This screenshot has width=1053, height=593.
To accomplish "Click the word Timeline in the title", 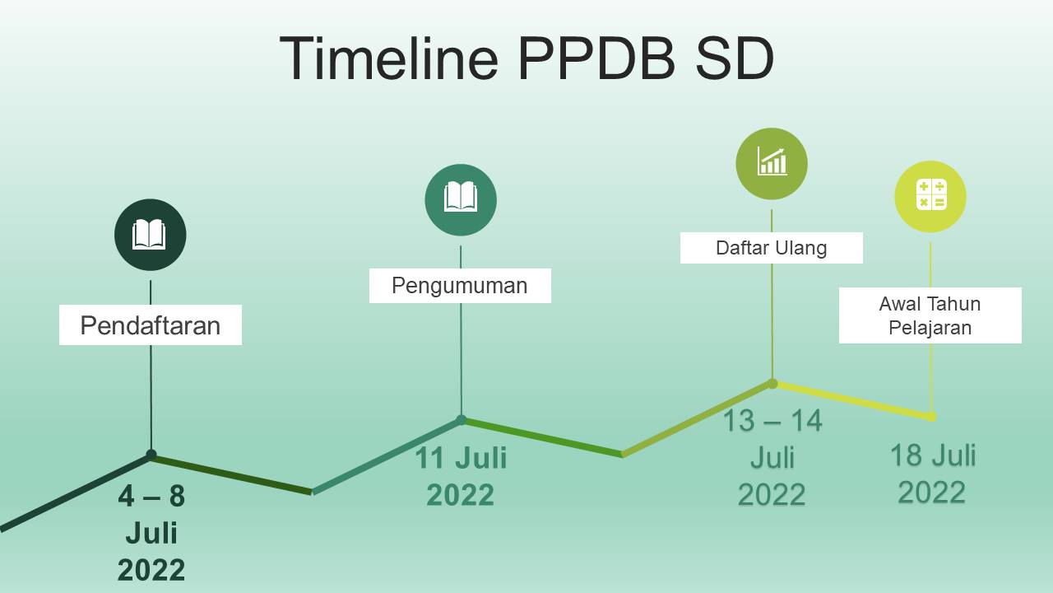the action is pos(389,58).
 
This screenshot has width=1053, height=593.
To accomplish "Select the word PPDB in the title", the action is pos(596,58).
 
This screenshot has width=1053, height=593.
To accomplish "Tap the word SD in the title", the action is pos(735,58).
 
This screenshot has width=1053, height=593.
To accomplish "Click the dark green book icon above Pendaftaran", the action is pos(150,235).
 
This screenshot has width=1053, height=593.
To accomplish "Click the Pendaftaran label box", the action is pos(151,325).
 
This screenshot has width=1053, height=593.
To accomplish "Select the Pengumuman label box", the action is pos(460,286).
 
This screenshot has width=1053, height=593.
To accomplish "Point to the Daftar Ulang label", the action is pos(772,248).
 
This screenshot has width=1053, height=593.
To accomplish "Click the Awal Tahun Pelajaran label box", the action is pos(930,315).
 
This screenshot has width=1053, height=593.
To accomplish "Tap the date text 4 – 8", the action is pos(151,496).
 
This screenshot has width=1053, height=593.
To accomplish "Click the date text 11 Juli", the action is pos(461,457).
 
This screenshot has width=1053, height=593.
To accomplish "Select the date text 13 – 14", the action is pos(772,420).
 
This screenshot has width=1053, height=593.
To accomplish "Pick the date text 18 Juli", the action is pos(933,455).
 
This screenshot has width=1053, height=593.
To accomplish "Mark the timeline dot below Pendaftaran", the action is pos(151,455).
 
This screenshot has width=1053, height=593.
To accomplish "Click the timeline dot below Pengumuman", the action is pos(462,420).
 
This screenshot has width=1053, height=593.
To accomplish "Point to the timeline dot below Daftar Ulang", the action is pos(772,384).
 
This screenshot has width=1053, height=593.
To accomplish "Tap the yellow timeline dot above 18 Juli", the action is pos(931,417).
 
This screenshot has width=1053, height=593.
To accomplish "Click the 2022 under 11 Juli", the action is pos(460,495).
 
